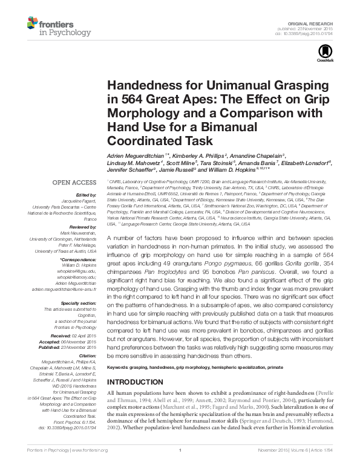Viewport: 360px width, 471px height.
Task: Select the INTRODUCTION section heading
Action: tap(136, 383)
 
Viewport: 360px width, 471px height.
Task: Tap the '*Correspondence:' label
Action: tap(79, 259)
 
